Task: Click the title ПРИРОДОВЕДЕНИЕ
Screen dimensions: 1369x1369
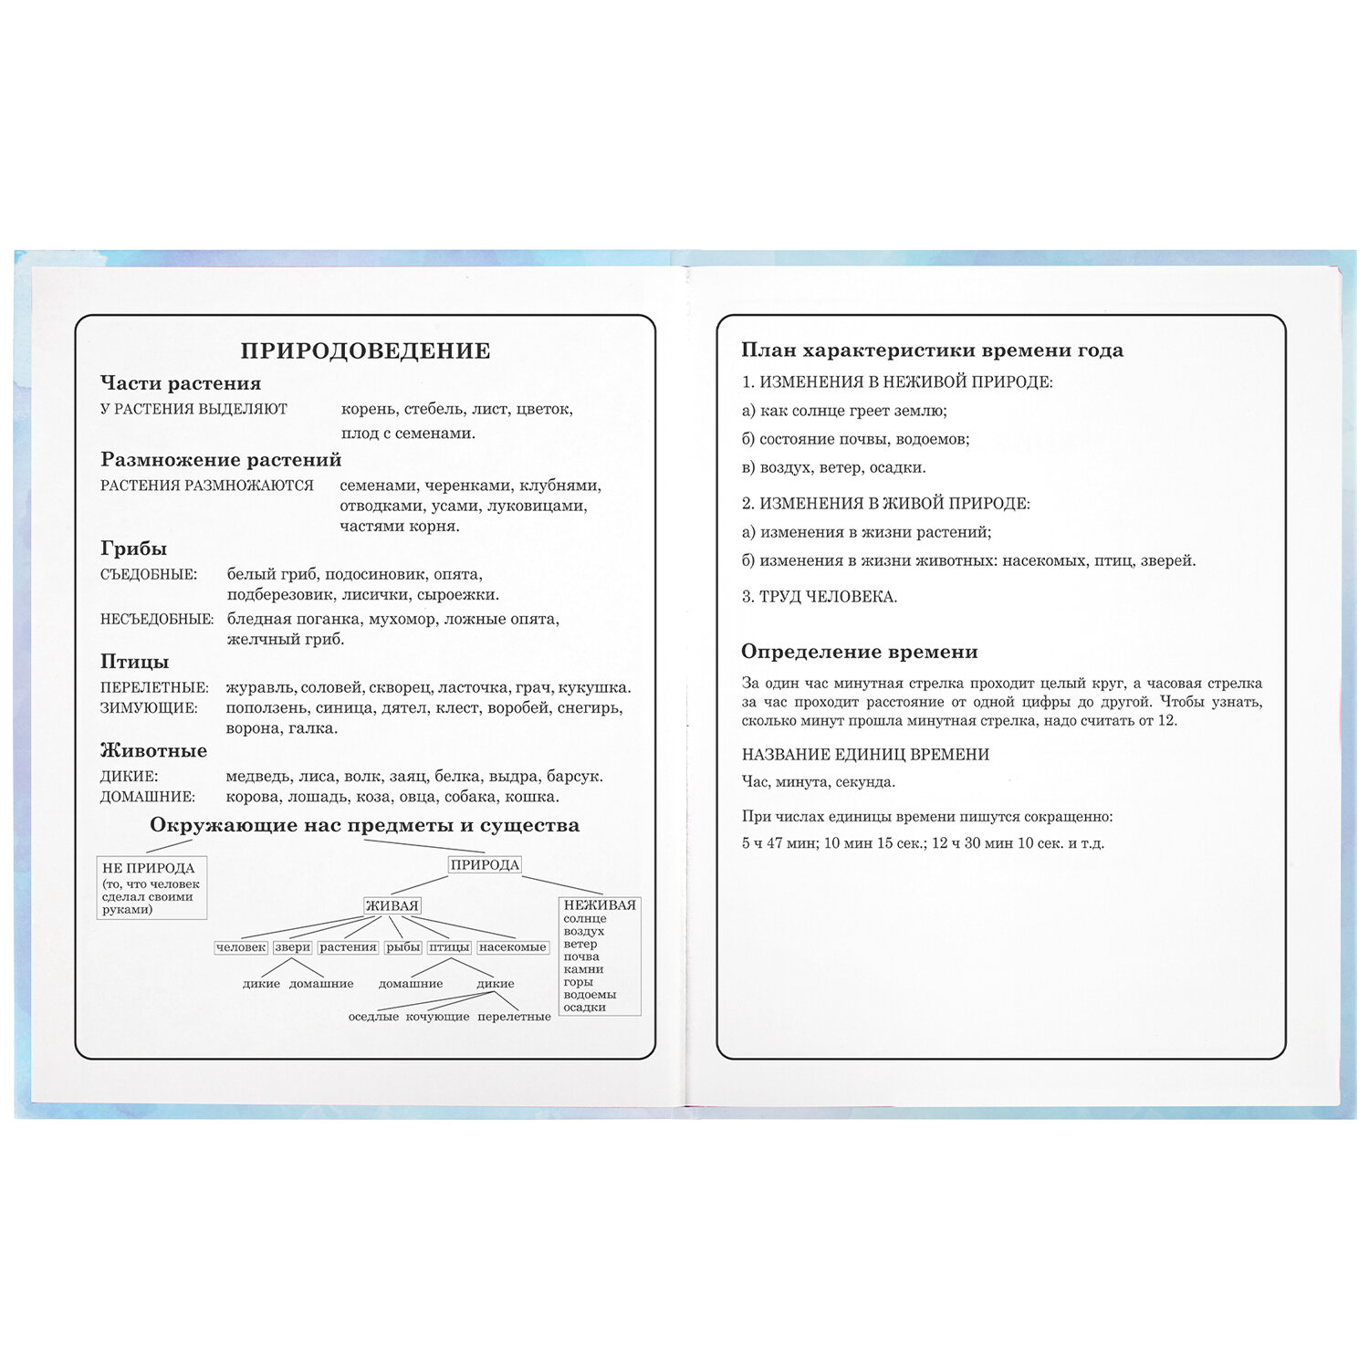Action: (x=365, y=350)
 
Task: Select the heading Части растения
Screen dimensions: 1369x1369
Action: (x=181, y=383)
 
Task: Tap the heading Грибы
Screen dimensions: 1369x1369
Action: (x=133, y=549)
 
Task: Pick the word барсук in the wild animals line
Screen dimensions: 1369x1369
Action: (x=574, y=777)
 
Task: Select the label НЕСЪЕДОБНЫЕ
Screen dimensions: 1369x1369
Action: (x=157, y=619)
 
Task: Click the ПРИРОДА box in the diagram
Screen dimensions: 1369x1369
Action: (x=485, y=864)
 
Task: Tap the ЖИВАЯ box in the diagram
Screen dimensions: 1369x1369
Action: (x=392, y=905)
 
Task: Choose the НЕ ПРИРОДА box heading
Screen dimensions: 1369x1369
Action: (x=149, y=868)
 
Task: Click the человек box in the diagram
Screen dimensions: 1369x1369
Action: (x=241, y=947)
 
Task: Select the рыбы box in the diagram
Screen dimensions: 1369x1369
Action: (x=402, y=947)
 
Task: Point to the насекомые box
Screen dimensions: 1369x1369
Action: (x=512, y=947)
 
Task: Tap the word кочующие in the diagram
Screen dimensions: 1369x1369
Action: (x=437, y=1017)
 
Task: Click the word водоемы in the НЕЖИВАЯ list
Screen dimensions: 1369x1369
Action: (x=590, y=995)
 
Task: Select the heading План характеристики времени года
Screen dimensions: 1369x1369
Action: (x=932, y=350)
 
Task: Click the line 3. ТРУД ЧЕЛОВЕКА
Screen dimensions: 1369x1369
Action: (x=819, y=597)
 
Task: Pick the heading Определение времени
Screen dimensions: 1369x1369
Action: (x=859, y=652)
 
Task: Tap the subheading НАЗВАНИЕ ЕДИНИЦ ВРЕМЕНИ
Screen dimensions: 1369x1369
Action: (x=865, y=755)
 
